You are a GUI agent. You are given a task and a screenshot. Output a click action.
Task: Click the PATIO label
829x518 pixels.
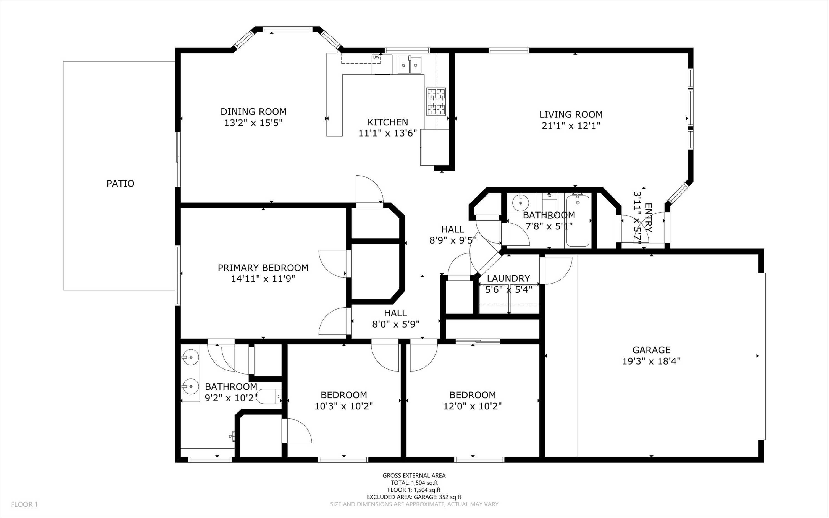120,184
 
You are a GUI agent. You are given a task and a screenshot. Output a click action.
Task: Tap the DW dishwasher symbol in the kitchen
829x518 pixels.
376,57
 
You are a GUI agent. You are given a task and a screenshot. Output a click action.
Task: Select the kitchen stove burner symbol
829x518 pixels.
436,101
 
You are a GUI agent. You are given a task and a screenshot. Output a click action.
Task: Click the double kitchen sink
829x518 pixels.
410,65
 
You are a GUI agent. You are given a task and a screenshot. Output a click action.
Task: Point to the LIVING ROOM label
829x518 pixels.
571,114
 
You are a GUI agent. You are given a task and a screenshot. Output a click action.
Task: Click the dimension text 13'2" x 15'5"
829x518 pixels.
253,123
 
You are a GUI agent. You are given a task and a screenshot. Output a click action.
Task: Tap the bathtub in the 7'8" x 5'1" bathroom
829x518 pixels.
578,220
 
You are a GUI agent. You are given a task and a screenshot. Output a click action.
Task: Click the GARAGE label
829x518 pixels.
651,350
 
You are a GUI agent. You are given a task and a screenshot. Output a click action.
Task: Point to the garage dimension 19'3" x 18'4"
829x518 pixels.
651,361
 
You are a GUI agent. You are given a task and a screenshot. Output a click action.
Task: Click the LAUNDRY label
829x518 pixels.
508,278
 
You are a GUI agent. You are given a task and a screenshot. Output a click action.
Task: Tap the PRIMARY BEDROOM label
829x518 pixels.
263,268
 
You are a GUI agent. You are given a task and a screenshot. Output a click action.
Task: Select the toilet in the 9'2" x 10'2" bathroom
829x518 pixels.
268,397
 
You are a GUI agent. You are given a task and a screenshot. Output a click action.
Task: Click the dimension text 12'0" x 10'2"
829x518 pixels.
473,406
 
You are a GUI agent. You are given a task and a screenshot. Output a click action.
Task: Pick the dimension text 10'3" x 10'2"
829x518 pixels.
344,406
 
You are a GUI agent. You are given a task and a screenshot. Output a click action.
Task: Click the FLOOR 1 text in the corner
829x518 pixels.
24,504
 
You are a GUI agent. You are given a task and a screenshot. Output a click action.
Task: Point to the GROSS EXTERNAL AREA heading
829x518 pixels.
414,475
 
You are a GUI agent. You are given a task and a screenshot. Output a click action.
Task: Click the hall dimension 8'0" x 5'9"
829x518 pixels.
396,324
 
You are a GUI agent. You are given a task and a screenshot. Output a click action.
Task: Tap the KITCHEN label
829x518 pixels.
388,122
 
